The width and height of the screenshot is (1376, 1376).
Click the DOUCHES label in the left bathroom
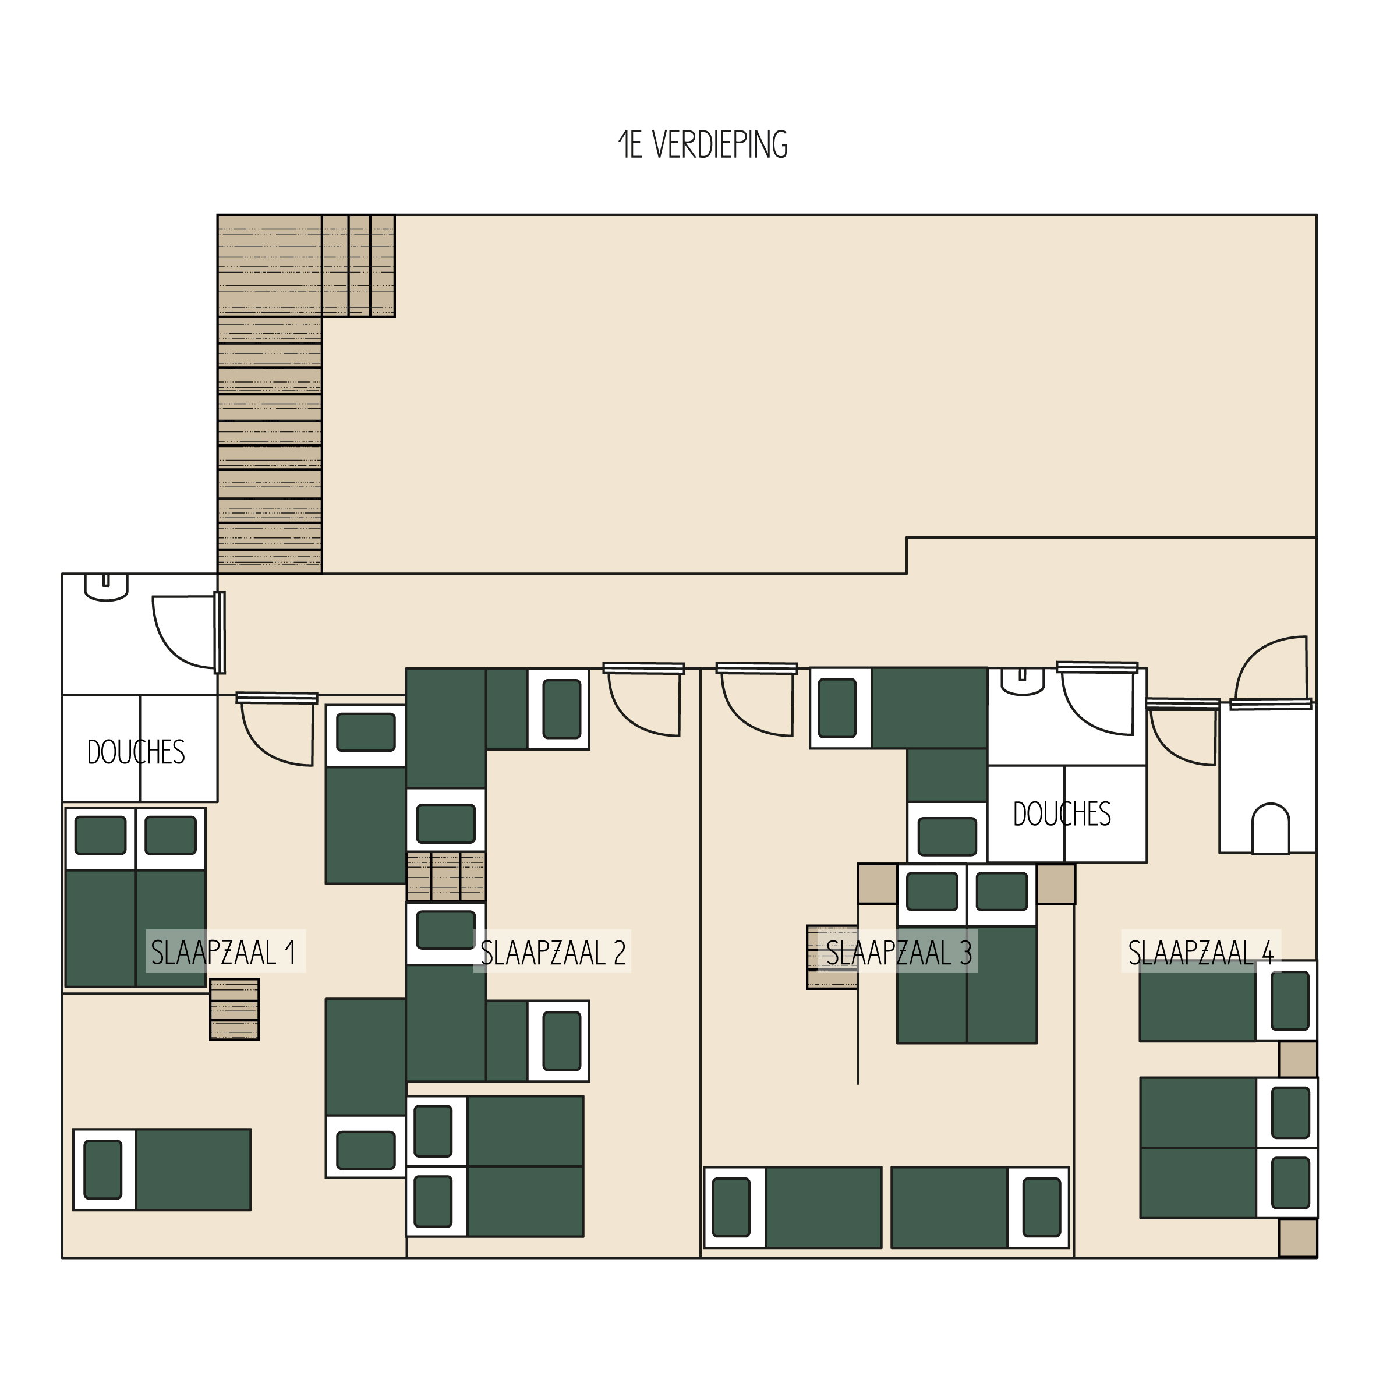pos(136,752)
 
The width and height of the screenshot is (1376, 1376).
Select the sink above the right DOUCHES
pos(1023,681)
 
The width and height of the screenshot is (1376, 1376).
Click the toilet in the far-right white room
pos(1271,828)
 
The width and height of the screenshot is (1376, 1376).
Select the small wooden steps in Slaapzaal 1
pos(234,1009)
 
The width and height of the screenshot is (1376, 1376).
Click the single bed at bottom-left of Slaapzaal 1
pos(162,1169)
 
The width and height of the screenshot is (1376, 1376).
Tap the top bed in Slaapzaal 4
pos(1228,1000)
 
